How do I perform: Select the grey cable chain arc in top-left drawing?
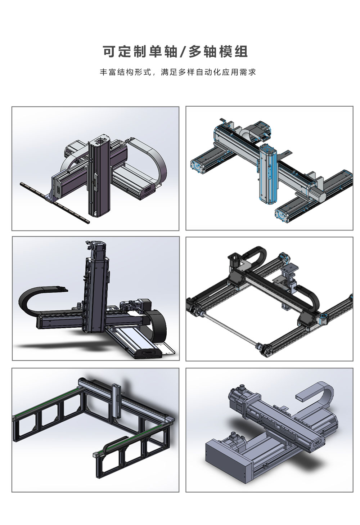(155, 162)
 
